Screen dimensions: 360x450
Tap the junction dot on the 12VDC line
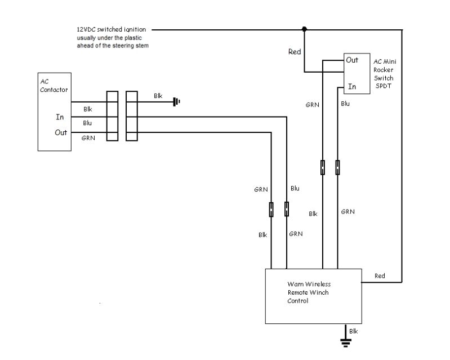(x=304, y=29)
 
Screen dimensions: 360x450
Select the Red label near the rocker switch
(x=295, y=51)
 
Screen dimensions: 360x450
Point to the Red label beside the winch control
(x=380, y=275)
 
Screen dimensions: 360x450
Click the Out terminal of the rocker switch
(x=352, y=60)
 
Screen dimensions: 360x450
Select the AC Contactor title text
(x=45, y=86)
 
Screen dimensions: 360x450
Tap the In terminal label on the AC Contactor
(x=59, y=117)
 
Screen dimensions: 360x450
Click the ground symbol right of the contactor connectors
(x=176, y=102)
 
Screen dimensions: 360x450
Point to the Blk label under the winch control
(x=353, y=331)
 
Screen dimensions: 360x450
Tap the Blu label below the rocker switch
(x=345, y=104)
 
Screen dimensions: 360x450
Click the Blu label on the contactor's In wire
(x=87, y=123)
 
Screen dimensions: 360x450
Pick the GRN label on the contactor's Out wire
(x=88, y=138)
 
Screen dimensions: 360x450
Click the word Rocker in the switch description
(x=383, y=70)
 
